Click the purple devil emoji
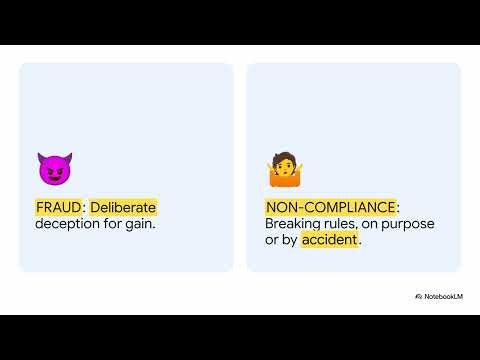coord(53,168)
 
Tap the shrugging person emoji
coord(283,170)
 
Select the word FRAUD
coord(58,207)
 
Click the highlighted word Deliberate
coord(124,207)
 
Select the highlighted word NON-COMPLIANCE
coord(330,207)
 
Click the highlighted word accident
coord(329,241)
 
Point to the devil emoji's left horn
coord(41,156)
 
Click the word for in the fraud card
coord(115,224)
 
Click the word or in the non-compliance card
coord(271,241)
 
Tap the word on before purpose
coord(374,224)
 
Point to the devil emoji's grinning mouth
coord(53,175)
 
